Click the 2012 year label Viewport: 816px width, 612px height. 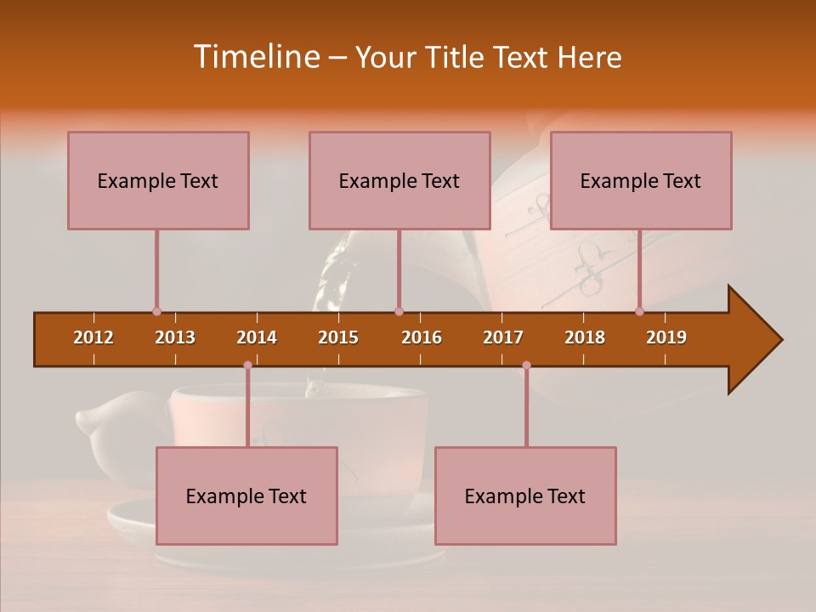[93, 337]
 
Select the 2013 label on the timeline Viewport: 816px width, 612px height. [175, 337]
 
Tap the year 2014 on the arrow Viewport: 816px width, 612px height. [257, 337]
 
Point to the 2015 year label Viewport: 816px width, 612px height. [338, 337]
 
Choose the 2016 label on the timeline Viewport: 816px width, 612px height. [422, 337]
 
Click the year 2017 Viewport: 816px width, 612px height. [503, 337]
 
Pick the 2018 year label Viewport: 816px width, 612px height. [585, 337]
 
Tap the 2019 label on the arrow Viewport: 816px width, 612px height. [666, 337]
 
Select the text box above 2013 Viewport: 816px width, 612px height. [158, 180]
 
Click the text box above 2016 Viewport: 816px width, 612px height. [399, 180]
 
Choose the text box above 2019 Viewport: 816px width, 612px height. [641, 180]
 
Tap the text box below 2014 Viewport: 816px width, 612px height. [246, 496]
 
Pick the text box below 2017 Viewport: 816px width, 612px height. [525, 496]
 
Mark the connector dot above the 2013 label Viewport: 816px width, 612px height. [156, 311]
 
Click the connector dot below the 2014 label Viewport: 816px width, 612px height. [247, 365]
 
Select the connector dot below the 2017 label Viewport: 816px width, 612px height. [526, 365]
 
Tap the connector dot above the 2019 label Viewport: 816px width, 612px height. [640, 311]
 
